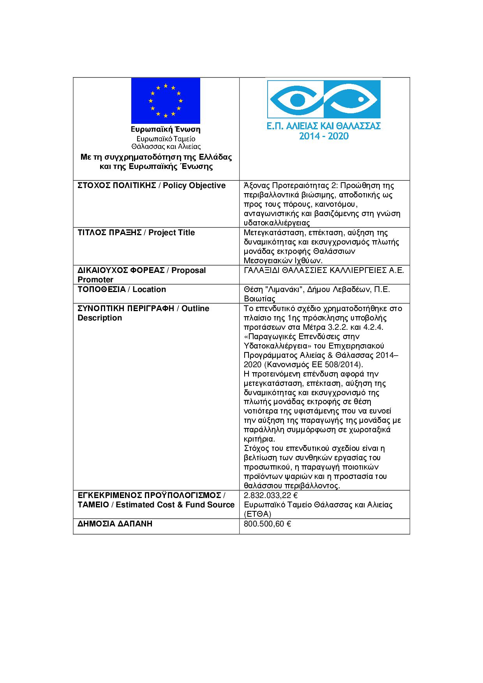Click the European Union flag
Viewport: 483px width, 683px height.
(x=166, y=100)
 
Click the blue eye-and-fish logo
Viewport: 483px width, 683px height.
(x=323, y=99)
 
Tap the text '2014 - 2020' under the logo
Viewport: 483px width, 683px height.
(x=324, y=136)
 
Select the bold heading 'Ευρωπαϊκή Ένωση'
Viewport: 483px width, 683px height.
(x=166, y=129)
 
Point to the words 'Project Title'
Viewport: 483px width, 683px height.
(x=171, y=232)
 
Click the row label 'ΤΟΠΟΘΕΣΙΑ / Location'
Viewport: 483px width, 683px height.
(x=122, y=289)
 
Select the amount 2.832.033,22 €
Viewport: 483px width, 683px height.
(x=271, y=495)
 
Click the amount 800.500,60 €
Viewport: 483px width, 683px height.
(x=268, y=524)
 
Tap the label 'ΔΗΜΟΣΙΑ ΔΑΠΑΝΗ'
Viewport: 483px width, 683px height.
(x=115, y=524)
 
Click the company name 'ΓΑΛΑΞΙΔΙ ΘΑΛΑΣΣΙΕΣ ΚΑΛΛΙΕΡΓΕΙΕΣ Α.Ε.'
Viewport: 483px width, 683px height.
(x=324, y=270)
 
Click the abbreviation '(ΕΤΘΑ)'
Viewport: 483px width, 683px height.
(x=257, y=514)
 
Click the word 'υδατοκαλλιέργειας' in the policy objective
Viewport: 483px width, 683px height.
(x=277, y=223)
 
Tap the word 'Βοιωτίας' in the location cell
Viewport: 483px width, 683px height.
(x=259, y=299)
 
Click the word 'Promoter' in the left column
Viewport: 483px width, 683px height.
(x=95, y=280)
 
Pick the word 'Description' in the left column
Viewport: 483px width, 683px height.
(x=100, y=318)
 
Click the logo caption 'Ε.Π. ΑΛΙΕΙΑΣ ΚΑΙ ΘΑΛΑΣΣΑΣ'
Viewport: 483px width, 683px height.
(x=324, y=126)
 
